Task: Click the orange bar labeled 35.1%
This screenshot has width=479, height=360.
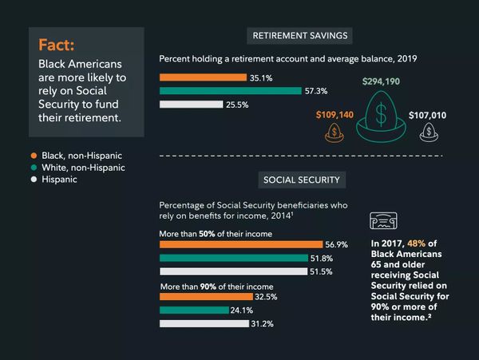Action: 203,77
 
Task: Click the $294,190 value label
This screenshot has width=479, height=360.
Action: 382,81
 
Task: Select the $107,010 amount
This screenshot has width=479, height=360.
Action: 429,115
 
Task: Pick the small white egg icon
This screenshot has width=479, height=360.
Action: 430,133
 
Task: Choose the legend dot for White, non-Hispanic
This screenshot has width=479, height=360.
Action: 34,168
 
